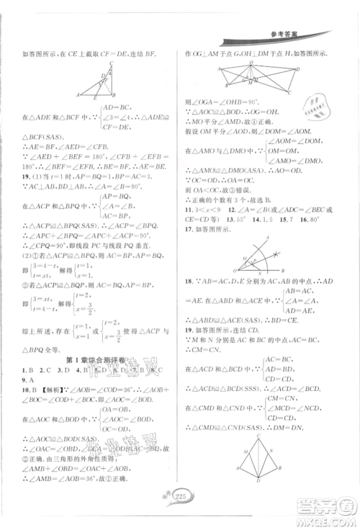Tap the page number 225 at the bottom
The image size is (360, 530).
pyautogui.click(x=180, y=513)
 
